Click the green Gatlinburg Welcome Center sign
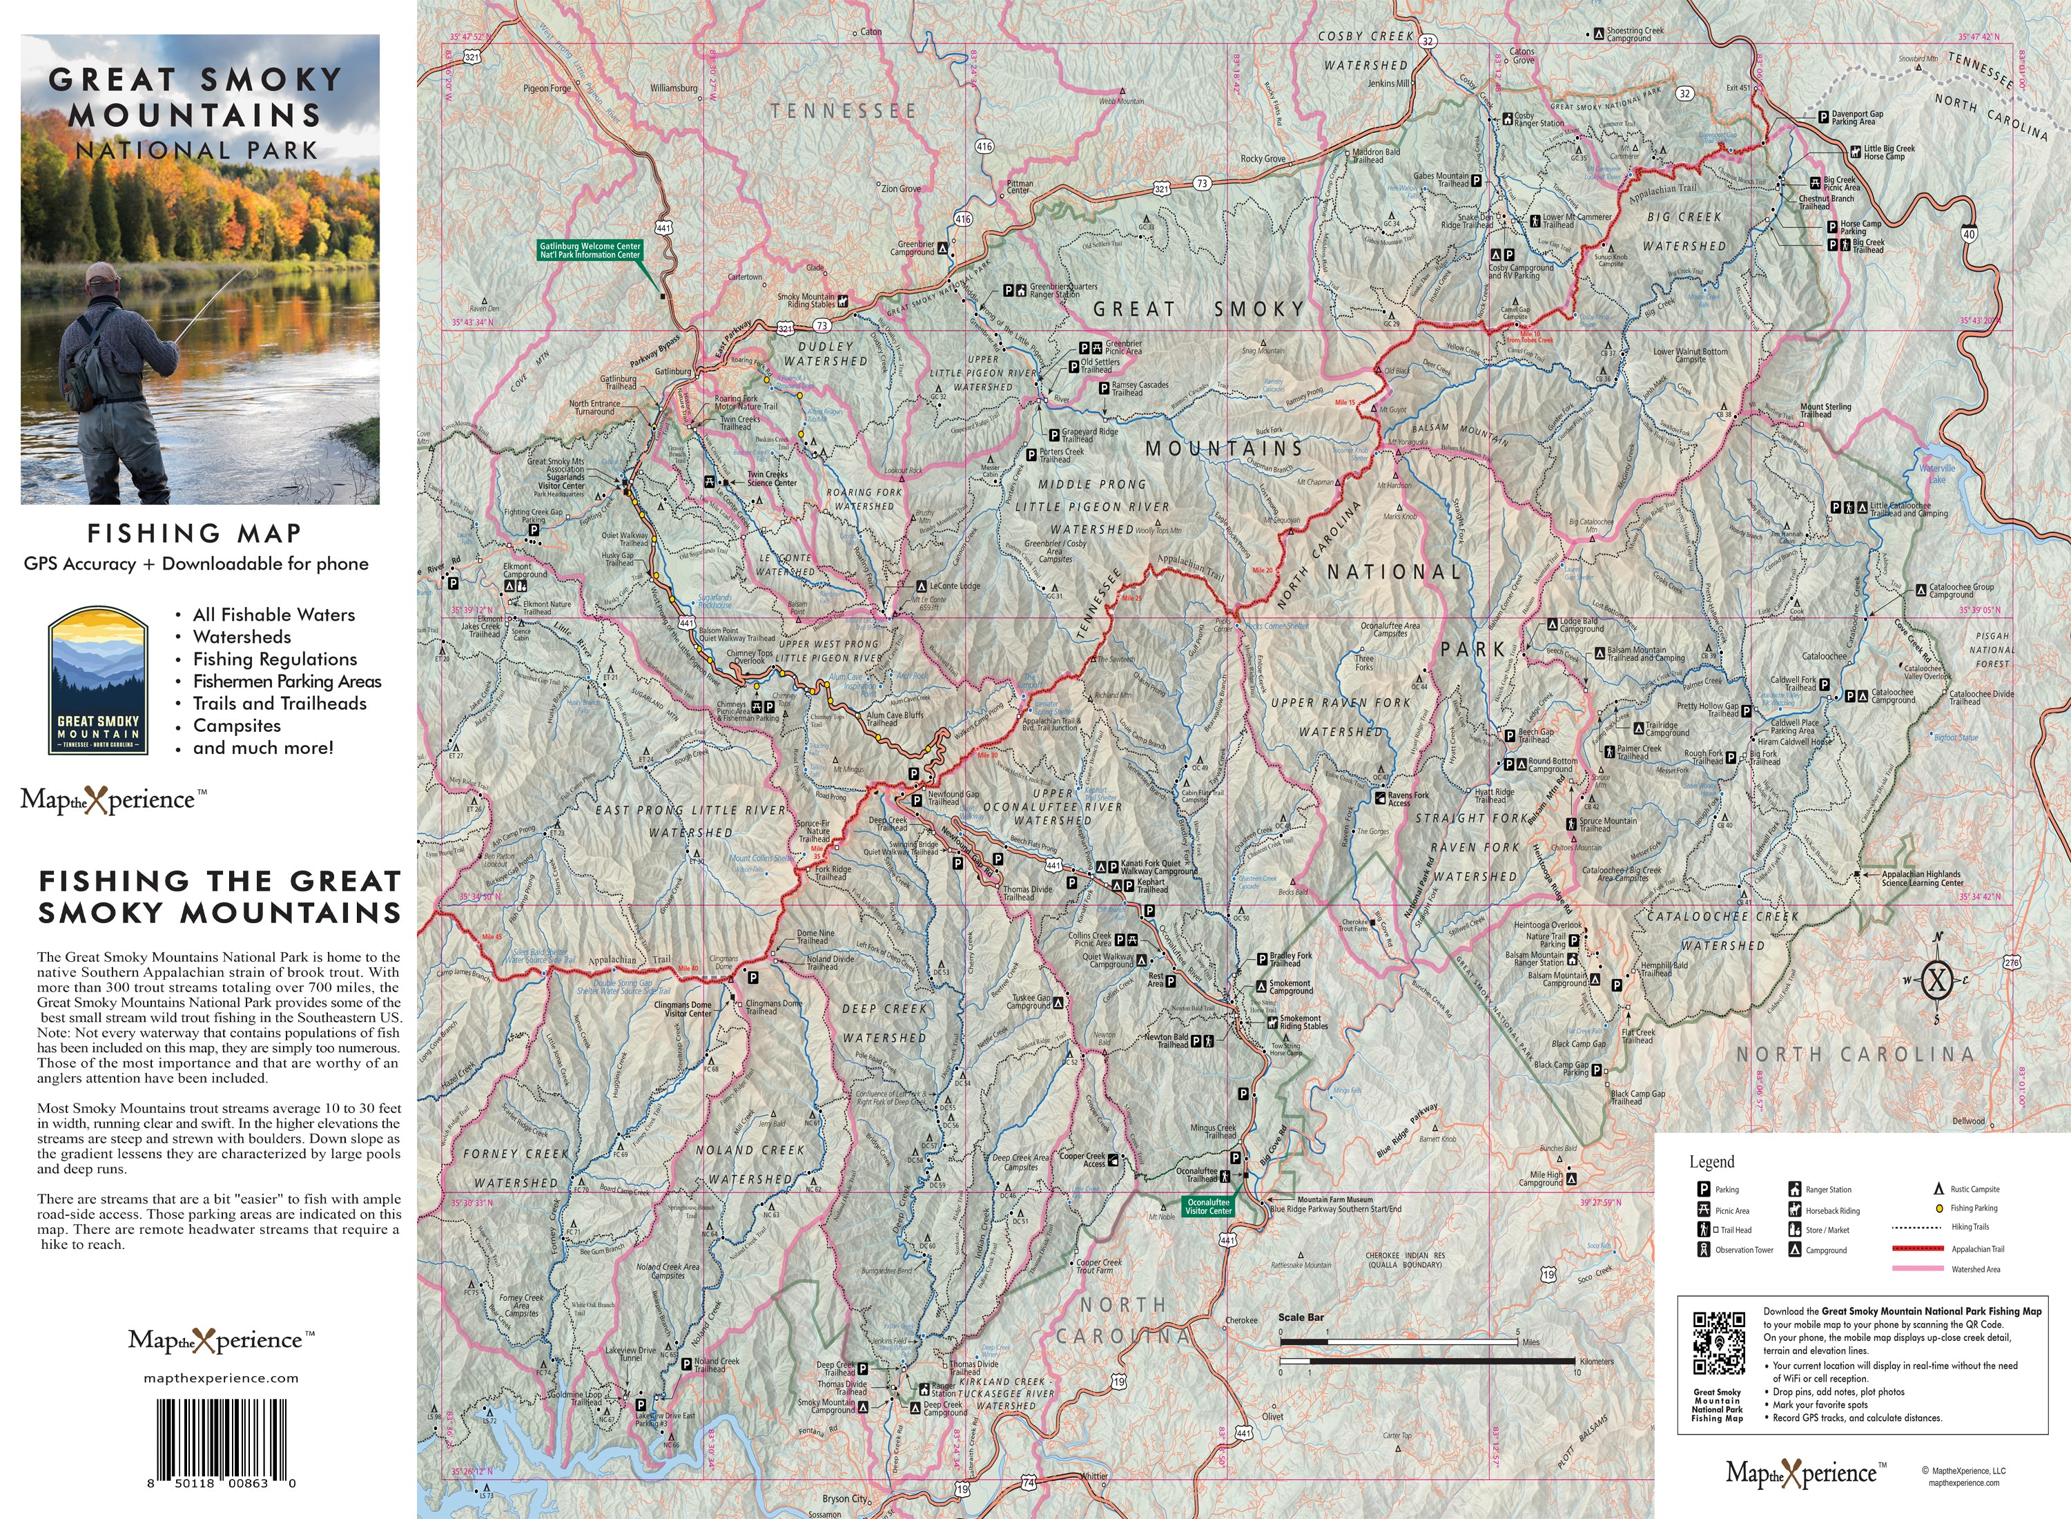(590, 250)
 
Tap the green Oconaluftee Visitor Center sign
(1208, 1206)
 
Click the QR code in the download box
(1719, 1342)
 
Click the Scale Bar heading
(1301, 1317)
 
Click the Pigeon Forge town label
(547, 88)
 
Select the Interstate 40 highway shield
(1968, 233)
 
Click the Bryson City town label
(844, 1498)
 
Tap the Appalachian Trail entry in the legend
(1977, 1248)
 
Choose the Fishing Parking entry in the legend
(1974, 1208)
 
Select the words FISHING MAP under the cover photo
(195, 533)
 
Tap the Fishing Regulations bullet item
(274, 659)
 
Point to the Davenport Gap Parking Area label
(1857, 117)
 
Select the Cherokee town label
(1241, 1320)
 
